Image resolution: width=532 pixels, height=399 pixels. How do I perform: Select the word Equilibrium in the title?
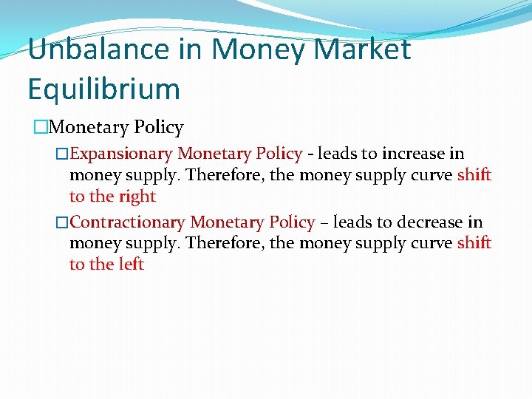103,89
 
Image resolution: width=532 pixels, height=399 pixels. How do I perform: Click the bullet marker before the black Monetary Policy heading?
41,127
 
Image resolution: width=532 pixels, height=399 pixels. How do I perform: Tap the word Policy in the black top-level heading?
158,127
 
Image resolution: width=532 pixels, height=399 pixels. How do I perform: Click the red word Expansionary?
121,154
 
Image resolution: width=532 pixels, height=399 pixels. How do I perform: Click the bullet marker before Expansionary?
62,154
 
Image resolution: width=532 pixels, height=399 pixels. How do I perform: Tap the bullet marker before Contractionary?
62,222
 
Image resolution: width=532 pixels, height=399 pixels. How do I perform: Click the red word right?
136,197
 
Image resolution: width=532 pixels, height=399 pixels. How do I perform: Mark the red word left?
131,265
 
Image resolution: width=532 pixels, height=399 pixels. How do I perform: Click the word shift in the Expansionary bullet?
474,175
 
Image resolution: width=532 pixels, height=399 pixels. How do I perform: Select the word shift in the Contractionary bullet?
474,243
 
